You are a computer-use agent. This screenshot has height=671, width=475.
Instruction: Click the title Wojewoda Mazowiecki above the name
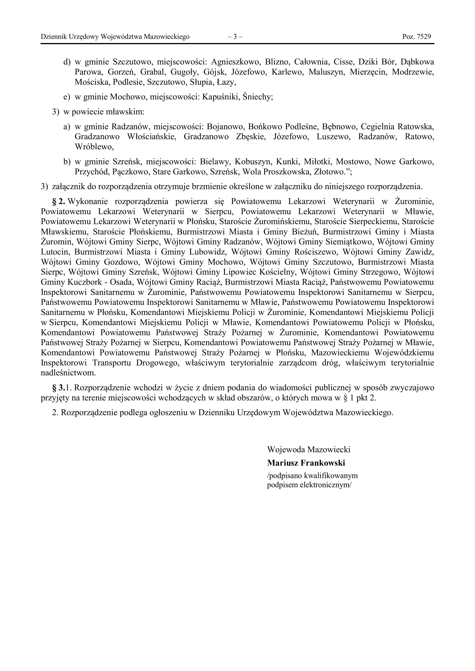click(308, 450)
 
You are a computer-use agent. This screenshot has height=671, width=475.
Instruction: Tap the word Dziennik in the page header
click(54, 37)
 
